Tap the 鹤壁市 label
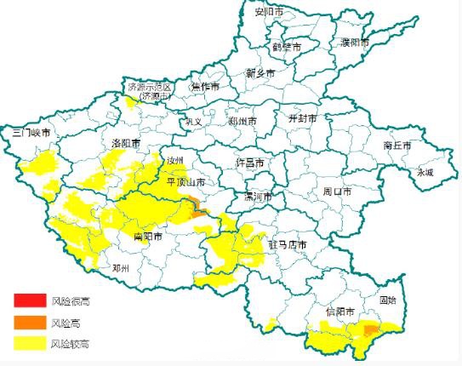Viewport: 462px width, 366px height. [287, 47]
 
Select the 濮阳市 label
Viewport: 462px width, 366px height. [354, 42]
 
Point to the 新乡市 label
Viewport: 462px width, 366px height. [260, 73]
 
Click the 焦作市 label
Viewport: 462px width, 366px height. [204, 87]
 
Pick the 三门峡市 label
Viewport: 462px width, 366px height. [31, 134]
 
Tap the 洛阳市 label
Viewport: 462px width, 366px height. [126, 142]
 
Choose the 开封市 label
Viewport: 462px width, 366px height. [302, 118]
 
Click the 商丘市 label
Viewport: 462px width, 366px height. [397, 146]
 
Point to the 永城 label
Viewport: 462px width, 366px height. [424, 172]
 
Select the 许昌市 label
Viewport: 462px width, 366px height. [249, 163]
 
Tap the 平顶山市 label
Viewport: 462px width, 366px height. [185, 182]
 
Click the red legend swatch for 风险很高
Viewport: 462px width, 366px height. [29, 300]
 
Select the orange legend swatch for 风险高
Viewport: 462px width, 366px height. [29, 323]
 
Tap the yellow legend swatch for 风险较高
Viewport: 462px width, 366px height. [29, 344]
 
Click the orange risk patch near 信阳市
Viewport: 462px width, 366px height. [371, 329]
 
